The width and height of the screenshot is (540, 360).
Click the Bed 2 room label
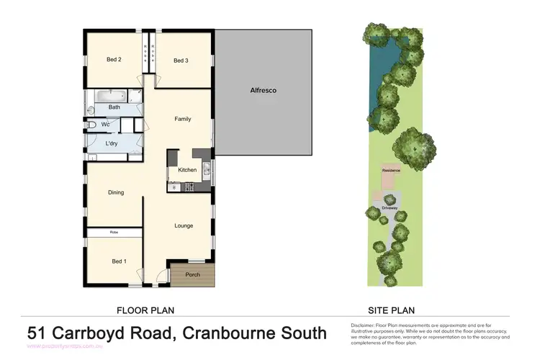113,60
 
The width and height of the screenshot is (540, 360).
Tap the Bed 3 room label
181,60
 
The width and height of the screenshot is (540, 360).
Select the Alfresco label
263,91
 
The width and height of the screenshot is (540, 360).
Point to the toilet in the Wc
91,125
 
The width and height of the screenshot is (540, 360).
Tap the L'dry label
112,143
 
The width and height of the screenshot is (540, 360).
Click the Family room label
183,119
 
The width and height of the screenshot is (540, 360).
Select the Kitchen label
187,170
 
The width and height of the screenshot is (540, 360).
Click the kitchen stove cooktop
191,187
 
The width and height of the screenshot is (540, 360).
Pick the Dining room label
116,192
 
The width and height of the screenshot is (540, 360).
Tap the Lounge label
184,225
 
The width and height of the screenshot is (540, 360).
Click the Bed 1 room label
119,261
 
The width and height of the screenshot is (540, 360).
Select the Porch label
193,274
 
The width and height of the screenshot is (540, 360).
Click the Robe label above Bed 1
114,232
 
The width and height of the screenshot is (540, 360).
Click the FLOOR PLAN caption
145,310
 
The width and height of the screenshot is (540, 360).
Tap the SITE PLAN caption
392,310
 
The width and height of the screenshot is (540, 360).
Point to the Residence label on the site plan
391,170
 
